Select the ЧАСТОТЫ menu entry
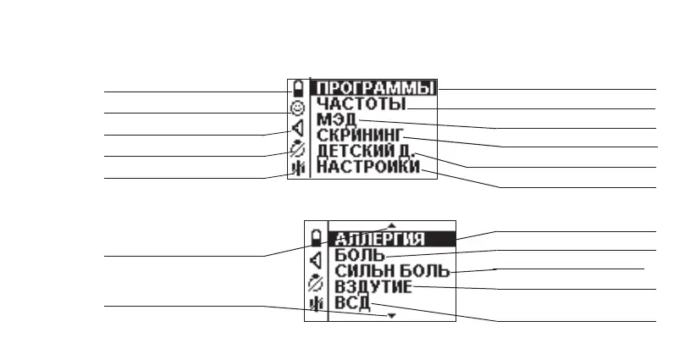(x=361, y=103)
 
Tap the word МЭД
(x=334, y=119)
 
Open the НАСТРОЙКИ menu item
(x=368, y=168)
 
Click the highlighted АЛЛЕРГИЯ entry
(x=376, y=239)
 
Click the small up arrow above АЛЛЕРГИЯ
(x=391, y=225)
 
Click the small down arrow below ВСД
(x=391, y=315)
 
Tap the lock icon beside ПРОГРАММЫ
(x=298, y=88)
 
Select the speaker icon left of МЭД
(x=297, y=128)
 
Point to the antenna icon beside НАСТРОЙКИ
(x=297, y=169)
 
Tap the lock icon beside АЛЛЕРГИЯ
(x=317, y=237)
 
